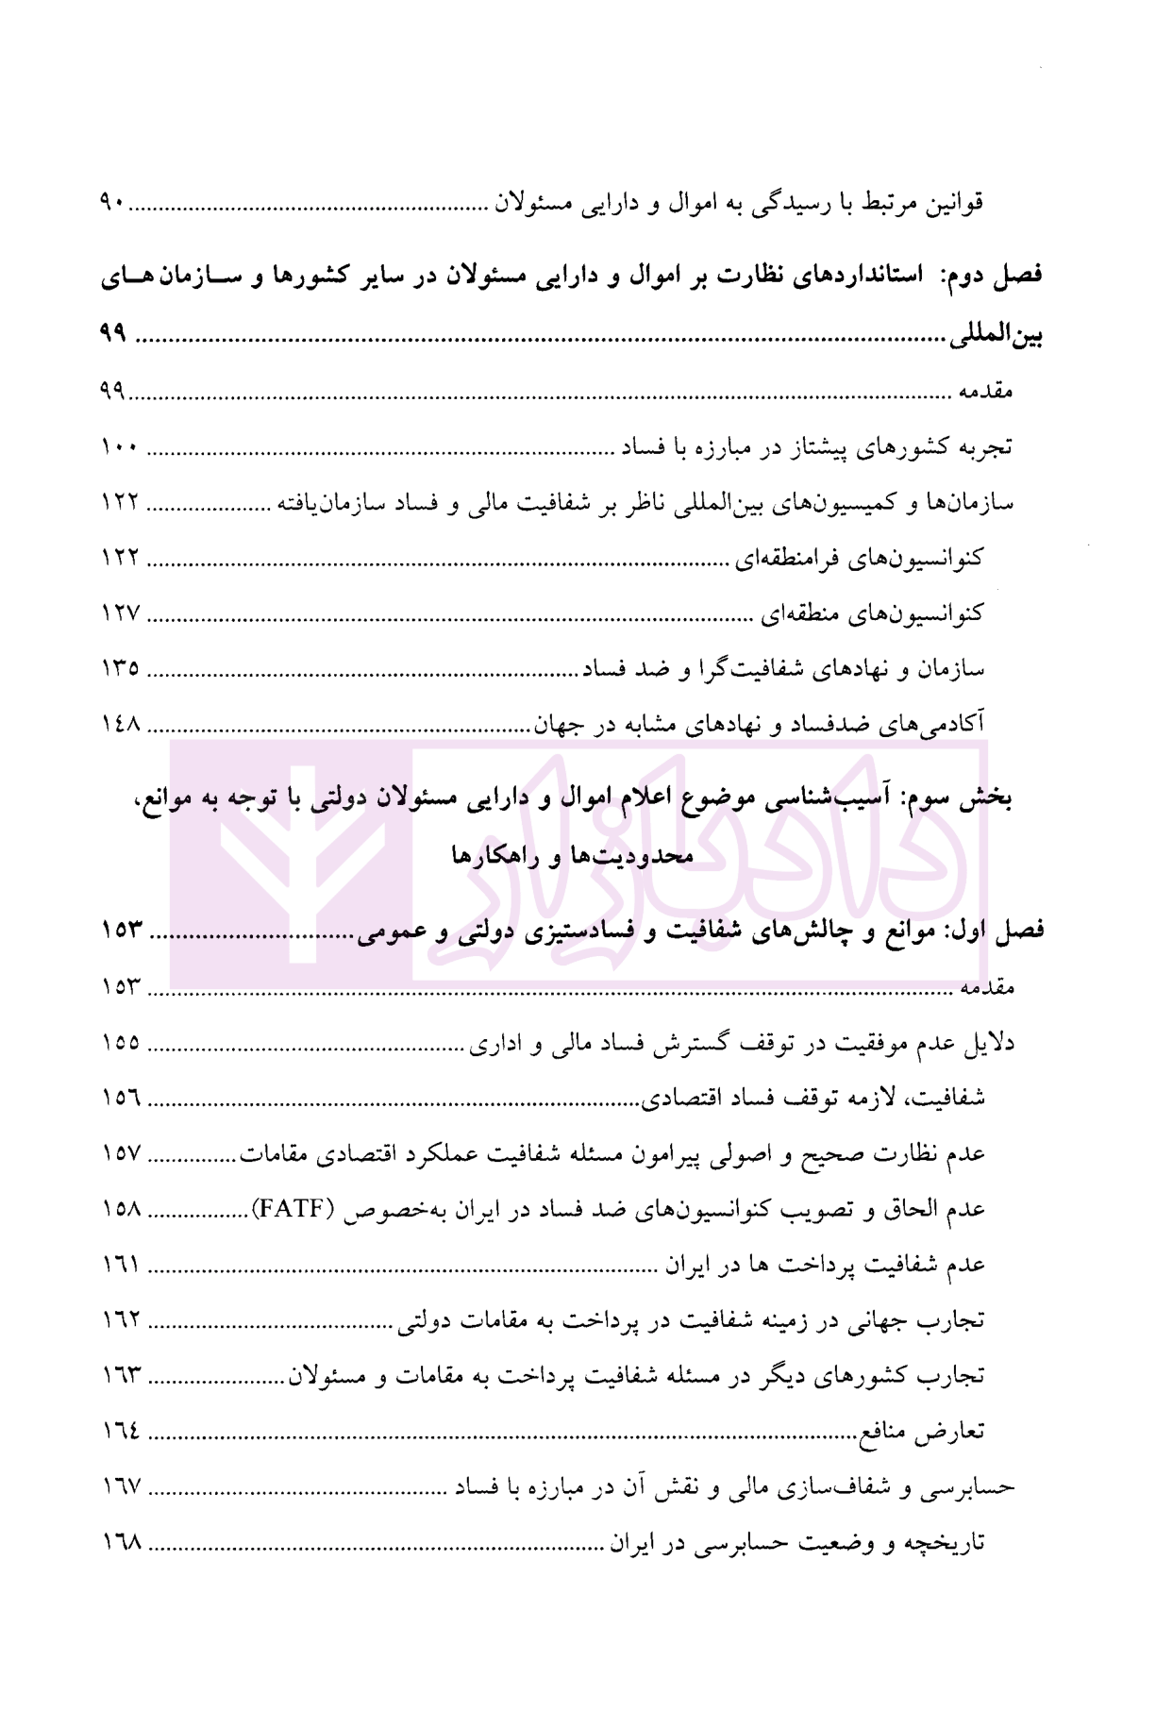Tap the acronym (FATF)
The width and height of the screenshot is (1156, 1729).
[x=293, y=1210]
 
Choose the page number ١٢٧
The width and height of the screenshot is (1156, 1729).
[x=120, y=613]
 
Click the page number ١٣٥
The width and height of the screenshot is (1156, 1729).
[x=120, y=669]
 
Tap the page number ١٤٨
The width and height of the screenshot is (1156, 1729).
[x=120, y=725]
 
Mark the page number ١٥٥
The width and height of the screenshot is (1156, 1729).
[x=120, y=1043]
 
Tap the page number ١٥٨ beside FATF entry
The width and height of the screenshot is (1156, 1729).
[x=120, y=1210]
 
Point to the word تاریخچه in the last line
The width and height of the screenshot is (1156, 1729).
[x=944, y=1544]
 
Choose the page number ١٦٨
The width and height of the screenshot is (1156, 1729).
[x=120, y=1544]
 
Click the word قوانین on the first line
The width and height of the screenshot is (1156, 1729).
[x=953, y=203]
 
